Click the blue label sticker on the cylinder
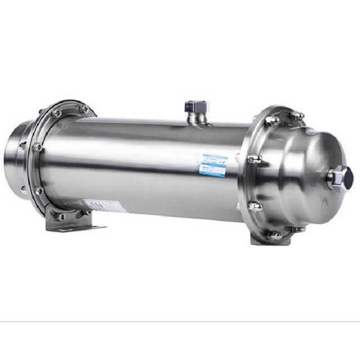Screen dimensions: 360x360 [x=213, y=165]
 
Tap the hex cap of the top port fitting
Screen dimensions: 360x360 [x=196, y=106]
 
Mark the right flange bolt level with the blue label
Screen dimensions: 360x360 [x=253, y=159]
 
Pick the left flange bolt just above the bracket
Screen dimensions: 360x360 [x=38, y=190]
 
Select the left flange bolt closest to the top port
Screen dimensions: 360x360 [x=85, y=109]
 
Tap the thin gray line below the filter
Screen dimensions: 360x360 [x=180, y=321]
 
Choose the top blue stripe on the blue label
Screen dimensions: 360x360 [x=213, y=156]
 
